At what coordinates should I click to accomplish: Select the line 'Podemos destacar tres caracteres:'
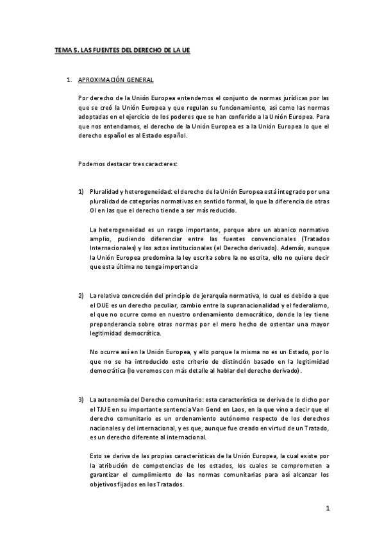point(123,164)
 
